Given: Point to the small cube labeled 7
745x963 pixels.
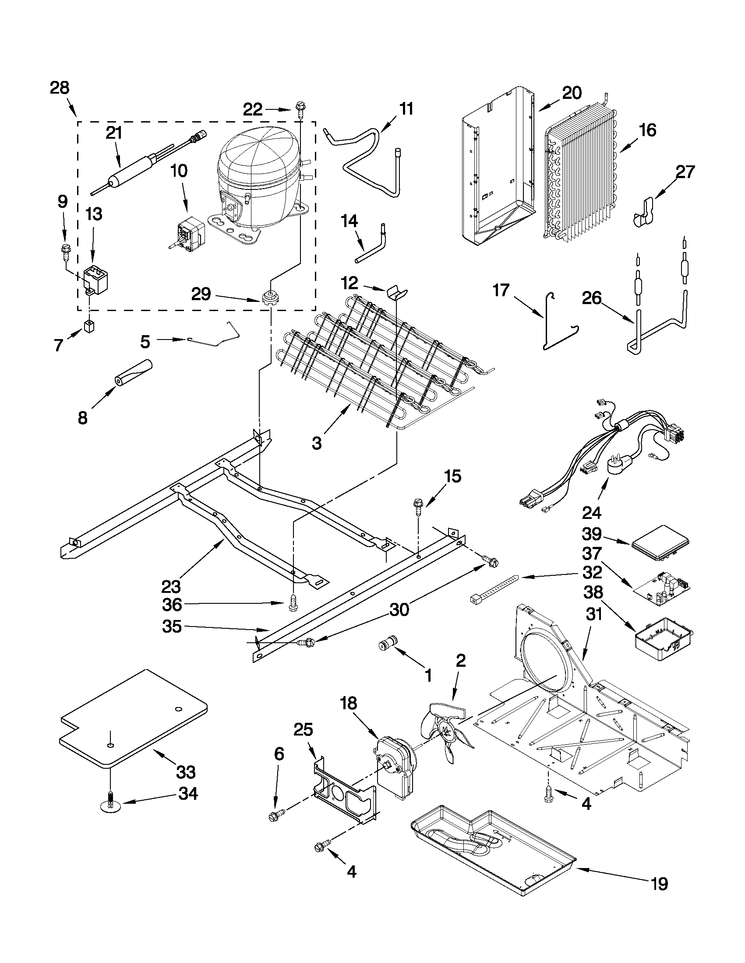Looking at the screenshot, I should click(90, 327).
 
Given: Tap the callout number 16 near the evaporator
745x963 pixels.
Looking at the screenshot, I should click(647, 130).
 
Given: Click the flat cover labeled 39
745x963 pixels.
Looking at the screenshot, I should click(660, 544).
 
